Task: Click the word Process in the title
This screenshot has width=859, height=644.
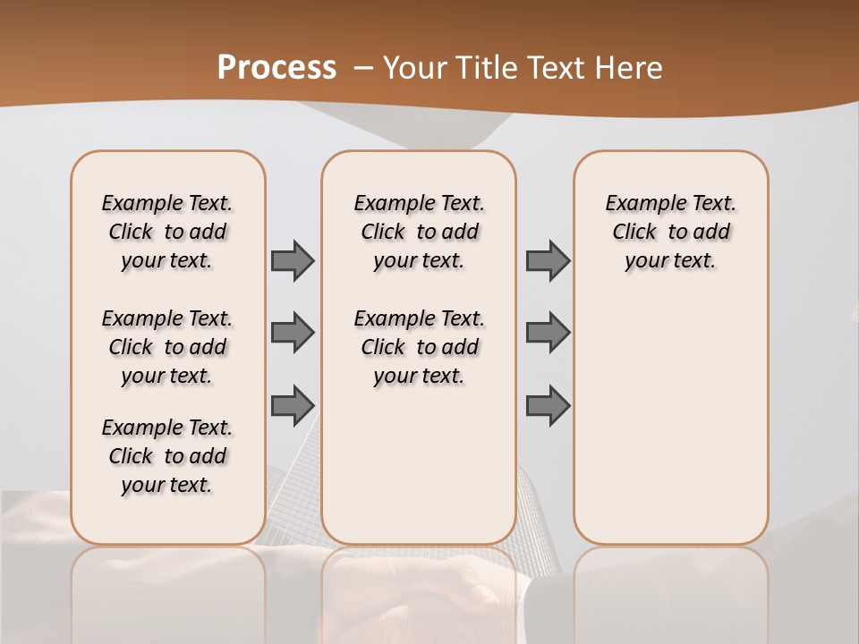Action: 276,68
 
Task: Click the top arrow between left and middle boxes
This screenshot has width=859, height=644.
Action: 293,261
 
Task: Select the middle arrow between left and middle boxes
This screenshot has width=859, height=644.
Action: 293,333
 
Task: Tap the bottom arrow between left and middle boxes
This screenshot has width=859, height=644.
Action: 293,404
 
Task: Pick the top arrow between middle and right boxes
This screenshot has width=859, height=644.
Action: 548,261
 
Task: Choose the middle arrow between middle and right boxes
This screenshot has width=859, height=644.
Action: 548,333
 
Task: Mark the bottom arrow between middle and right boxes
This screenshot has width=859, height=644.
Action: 548,404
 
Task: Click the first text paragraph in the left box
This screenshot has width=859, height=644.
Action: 167,232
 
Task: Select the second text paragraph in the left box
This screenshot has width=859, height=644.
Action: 167,347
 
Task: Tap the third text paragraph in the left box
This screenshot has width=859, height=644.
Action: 167,456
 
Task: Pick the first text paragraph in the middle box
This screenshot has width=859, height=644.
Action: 419,232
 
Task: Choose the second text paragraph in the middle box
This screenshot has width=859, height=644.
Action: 419,347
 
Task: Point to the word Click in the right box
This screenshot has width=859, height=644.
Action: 634,233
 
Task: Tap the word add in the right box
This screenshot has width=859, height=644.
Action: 712,233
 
